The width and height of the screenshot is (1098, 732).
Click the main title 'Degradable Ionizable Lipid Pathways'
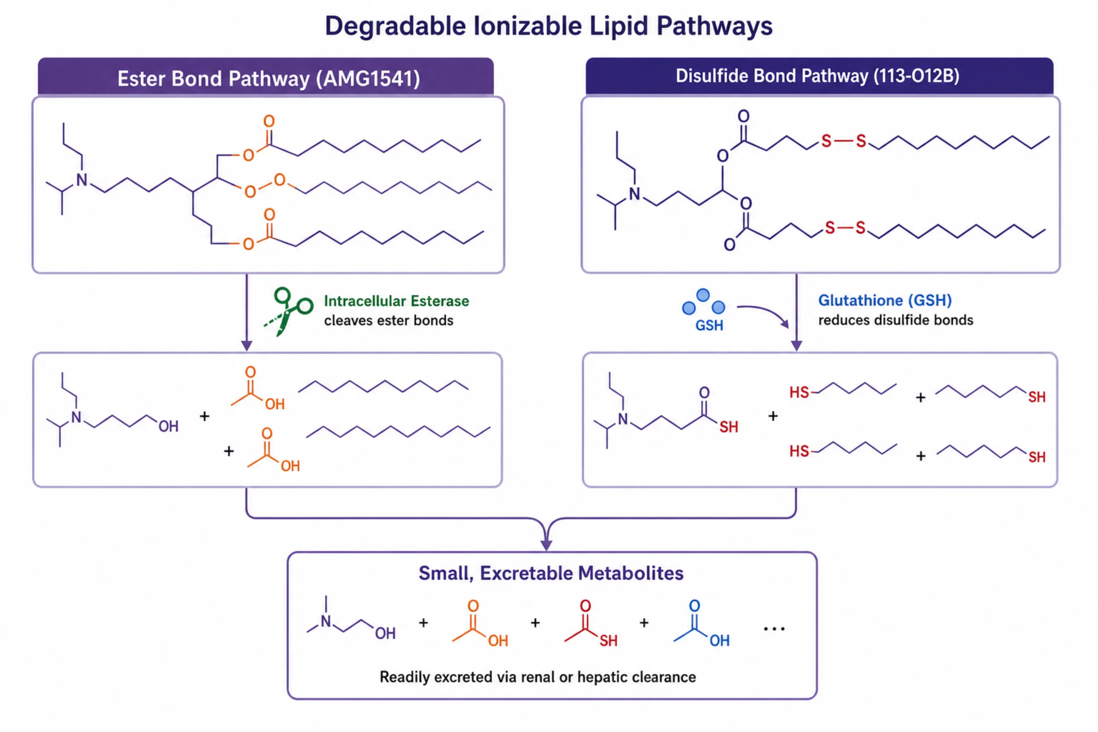pos(549,26)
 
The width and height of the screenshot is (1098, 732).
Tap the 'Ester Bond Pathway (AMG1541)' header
pos(268,78)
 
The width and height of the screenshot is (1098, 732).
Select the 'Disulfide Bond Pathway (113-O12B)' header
pos(817,76)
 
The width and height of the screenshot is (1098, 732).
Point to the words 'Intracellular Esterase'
pos(396,301)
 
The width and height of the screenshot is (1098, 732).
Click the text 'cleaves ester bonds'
pos(389,321)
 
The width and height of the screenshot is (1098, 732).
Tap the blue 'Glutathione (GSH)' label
pos(885,300)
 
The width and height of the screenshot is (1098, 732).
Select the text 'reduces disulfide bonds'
pos(895,320)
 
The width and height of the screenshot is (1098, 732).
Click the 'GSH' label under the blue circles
pos(709,325)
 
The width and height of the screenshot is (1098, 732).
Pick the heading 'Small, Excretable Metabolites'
pos(551,573)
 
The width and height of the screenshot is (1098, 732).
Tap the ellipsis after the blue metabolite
pos(774,629)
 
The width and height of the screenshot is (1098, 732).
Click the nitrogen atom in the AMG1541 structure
pos(82,180)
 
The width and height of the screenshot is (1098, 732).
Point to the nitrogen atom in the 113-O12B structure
pos(634,194)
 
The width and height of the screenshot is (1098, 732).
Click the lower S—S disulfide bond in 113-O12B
pos(845,228)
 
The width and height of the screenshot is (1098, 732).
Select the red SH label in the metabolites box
pos(608,640)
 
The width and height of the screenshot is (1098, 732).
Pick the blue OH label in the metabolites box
pos(719,640)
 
